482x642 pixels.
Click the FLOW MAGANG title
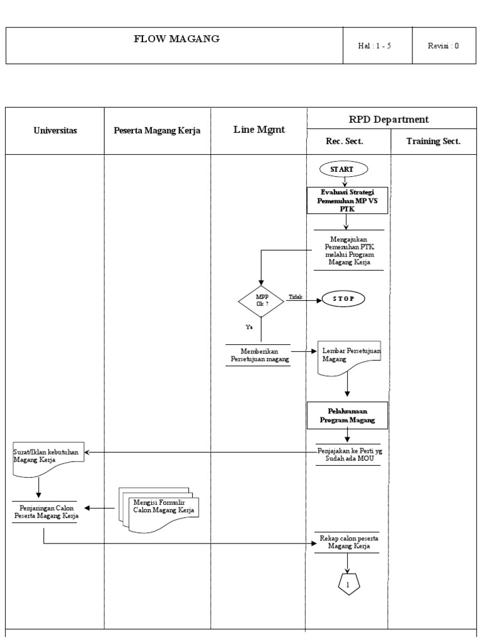[x=176, y=39]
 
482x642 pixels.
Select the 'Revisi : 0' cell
[x=443, y=46]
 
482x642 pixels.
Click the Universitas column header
[x=55, y=131]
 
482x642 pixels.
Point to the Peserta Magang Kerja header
[x=157, y=131]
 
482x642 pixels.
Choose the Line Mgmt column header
[x=259, y=130]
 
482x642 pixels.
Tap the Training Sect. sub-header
[x=434, y=142]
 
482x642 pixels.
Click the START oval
[x=345, y=169]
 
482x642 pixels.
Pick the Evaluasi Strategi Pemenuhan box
[x=346, y=200]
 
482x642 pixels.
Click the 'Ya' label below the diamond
[x=249, y=327]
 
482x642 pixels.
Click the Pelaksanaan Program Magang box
[x=348, y=414]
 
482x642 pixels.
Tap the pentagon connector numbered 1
[x=348, y=584]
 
